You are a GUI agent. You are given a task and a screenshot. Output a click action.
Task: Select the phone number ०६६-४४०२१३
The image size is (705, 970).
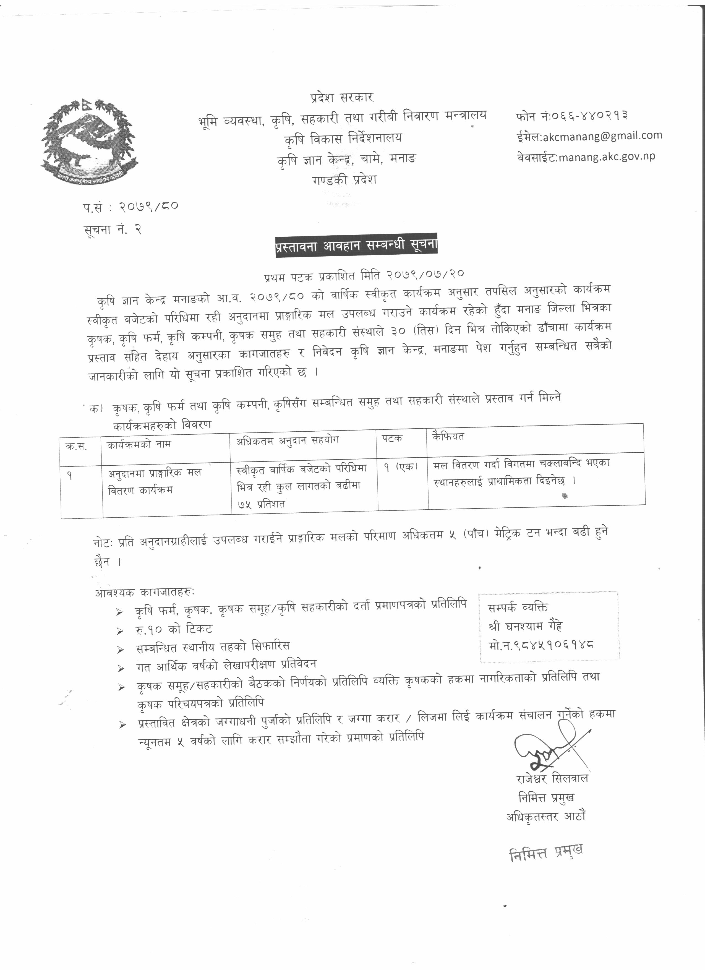pyautogui.click(x=589, y=116)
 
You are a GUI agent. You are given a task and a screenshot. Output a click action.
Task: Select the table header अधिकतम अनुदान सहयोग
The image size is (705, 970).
pyautogui.click(x=287, y=441)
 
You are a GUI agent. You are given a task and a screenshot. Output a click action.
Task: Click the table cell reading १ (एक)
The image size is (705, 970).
pyautogui.click(x=400, y=468)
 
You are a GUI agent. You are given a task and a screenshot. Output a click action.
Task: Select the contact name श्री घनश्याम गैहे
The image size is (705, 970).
pyautogui.click(x=526, y=626)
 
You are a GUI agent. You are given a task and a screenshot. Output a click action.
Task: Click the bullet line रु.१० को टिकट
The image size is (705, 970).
pyautogui.click(x=173, y=629)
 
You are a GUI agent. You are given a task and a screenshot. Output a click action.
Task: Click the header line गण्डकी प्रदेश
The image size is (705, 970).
pyautogui.click(x=344, y=179)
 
